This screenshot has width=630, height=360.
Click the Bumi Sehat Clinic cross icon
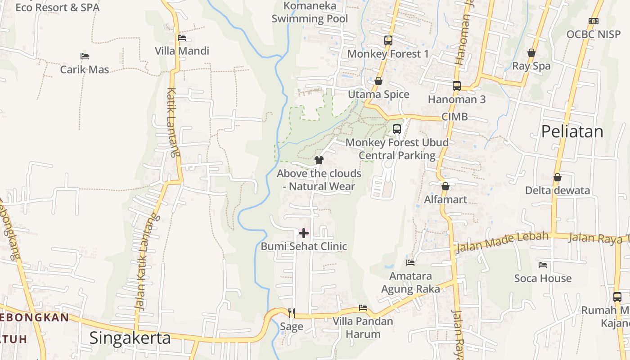click(304, 233)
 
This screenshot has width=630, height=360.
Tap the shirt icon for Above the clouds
click(319, 160)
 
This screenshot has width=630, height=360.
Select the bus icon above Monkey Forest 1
click(388, 40)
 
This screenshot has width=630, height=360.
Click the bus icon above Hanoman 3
click(457, 85)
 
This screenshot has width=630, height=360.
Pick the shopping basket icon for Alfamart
click(445, 186)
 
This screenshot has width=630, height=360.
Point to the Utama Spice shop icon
click(378, 81)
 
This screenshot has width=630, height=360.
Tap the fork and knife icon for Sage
click(292, 312)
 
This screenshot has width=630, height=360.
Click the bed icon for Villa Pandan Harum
click(363, 308)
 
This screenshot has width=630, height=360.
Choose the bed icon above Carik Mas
click(85, 56)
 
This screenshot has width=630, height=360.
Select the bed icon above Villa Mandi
click(182, 38)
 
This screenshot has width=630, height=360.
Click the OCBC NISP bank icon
click(594, 21)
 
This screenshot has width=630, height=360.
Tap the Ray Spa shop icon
click(531, 53)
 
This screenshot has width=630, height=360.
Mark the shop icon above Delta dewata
click(558, 177)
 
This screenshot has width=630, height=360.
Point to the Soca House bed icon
click(543, 265)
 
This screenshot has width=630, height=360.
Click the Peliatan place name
click(572, 131)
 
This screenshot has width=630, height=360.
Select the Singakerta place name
click(130, 337)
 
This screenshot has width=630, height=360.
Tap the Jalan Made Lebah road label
click(502, 242)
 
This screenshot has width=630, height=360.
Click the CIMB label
click(454, 117)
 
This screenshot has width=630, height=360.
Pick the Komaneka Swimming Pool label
click(310, 12)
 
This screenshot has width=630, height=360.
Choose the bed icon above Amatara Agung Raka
click(410, 262)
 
